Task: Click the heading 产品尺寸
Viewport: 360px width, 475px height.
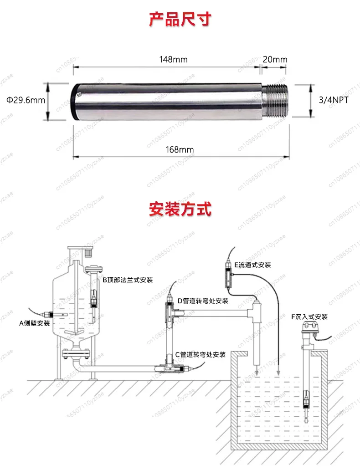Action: click(180, 20)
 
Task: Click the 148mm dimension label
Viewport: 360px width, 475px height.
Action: click(173, 59)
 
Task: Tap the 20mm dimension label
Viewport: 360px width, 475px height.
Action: click(275, 59)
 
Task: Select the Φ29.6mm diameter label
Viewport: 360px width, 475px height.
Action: click(26, 100)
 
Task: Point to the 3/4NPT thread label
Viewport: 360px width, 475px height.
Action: click(334, 100)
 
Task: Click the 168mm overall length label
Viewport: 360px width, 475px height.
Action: click(180, 150)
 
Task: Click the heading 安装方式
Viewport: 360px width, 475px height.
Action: click(180, 209)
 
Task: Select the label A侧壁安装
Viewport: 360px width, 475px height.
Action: click(34, 323)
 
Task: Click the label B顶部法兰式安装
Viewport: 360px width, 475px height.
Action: click(128, 280)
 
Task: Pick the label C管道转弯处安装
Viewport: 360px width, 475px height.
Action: click(201, 355)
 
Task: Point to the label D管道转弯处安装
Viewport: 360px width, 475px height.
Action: click(203, 301)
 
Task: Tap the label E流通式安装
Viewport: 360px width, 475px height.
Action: click(252, 265)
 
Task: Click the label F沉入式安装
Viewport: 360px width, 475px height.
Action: click(309, 317)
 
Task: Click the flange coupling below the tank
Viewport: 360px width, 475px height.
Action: click(76, 353)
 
